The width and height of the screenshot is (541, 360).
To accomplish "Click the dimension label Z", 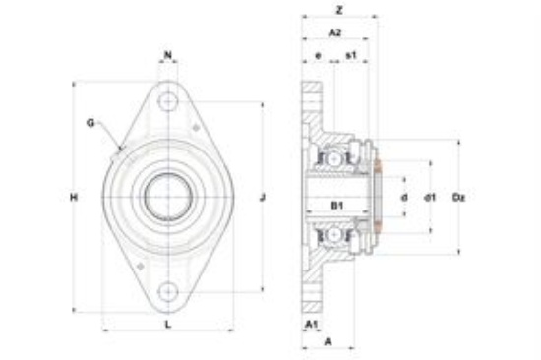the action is point(339,10).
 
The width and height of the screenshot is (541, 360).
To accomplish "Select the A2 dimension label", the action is point(334,32).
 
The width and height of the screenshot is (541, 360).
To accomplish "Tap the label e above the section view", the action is point(318,55).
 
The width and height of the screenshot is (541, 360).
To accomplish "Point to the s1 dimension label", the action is point(351,54).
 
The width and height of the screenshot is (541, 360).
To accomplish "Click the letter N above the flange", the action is point(168,55).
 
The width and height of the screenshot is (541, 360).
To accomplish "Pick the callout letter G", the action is point(90,123).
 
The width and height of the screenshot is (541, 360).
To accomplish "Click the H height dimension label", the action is point(74,197).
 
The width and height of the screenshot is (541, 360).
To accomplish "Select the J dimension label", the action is point(263,197).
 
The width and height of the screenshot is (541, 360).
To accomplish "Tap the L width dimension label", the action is point(168,325).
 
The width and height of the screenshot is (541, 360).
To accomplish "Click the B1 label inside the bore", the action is point(337,206).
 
